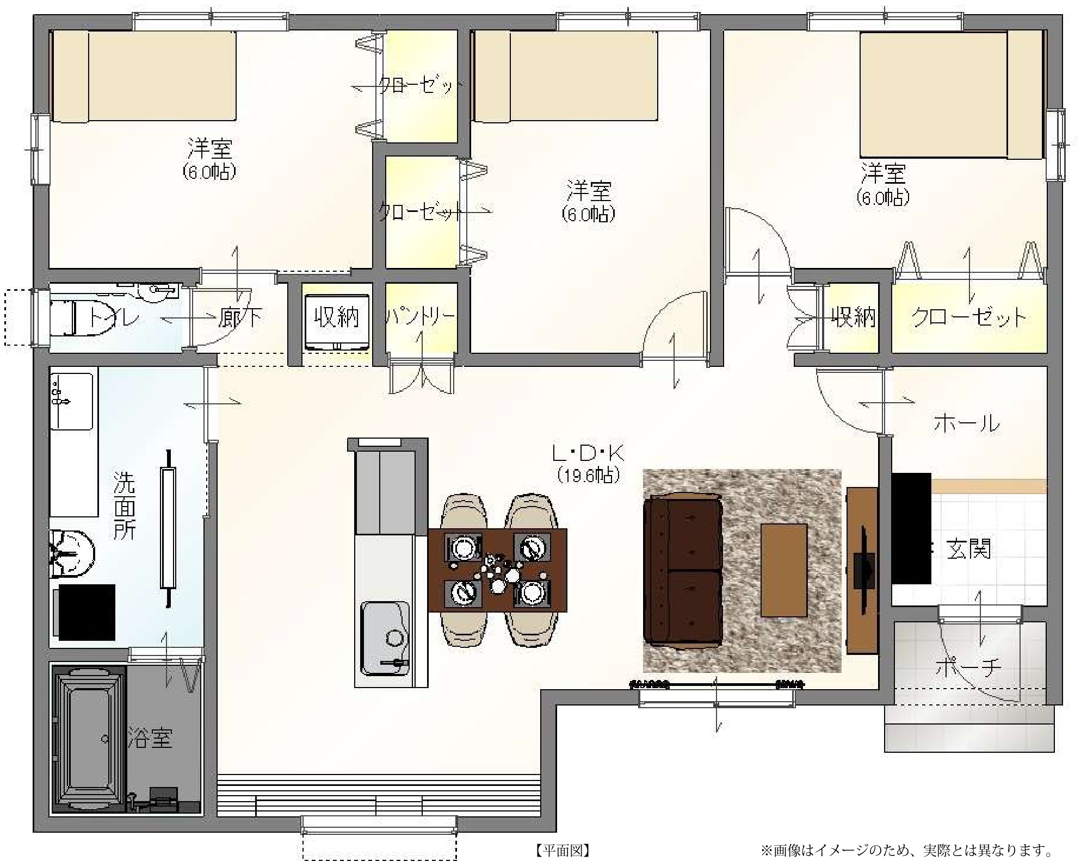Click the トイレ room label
tap(113, 317)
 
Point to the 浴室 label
tap(150, 738)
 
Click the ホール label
tap(967, 423)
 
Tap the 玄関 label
tap(969, 549)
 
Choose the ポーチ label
tap(968, 669)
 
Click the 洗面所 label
tap(125, 505)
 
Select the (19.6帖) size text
tap(588, 476)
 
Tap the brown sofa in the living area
tap(683, 571)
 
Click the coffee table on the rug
tap(783, 570)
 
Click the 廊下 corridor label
tap(240, 317)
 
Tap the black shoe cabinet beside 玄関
tap(911, 528)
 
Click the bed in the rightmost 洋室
tap(950, 95)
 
